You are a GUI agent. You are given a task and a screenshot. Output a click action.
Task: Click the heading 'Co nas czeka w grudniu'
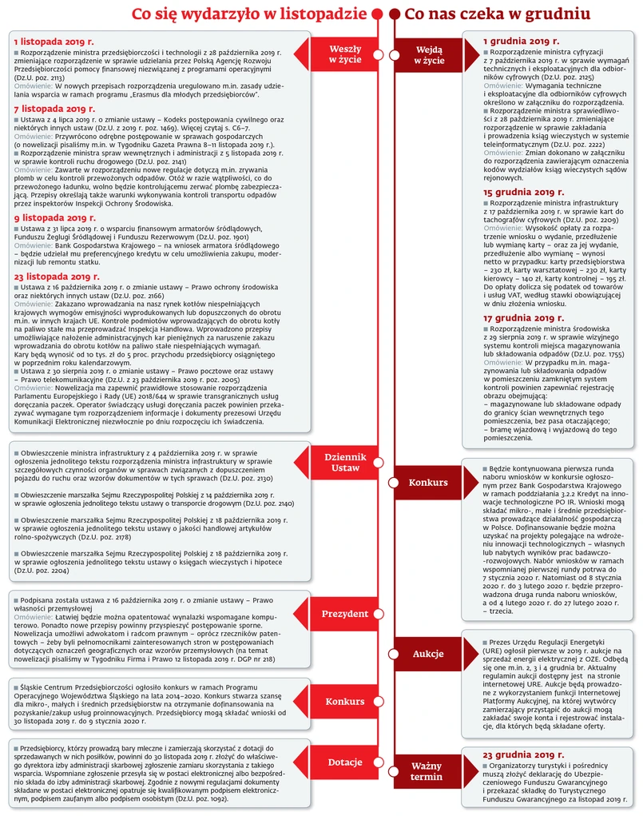click(497, 14)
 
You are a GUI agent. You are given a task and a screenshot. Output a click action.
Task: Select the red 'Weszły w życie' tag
click(345, 54)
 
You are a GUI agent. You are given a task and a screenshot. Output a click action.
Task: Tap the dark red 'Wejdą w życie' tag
click(429, 54)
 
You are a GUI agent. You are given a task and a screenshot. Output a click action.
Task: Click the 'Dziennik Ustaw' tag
click(345, 462)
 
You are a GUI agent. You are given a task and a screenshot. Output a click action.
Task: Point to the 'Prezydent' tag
click(345, 614)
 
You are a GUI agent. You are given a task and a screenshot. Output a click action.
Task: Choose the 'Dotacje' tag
click(345, 762)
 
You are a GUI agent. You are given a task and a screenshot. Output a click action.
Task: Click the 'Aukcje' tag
click(428, 654)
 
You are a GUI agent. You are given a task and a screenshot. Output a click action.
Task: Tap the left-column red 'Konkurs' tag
click(345, 702)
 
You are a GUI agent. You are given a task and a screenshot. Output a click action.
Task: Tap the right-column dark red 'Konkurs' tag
click(428, 483)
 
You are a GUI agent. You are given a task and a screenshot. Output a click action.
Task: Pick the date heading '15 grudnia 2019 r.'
click(525, 193)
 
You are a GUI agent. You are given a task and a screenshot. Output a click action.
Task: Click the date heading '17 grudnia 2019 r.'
click(525, 317)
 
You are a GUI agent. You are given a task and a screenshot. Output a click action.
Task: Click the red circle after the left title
click(379, 14)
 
